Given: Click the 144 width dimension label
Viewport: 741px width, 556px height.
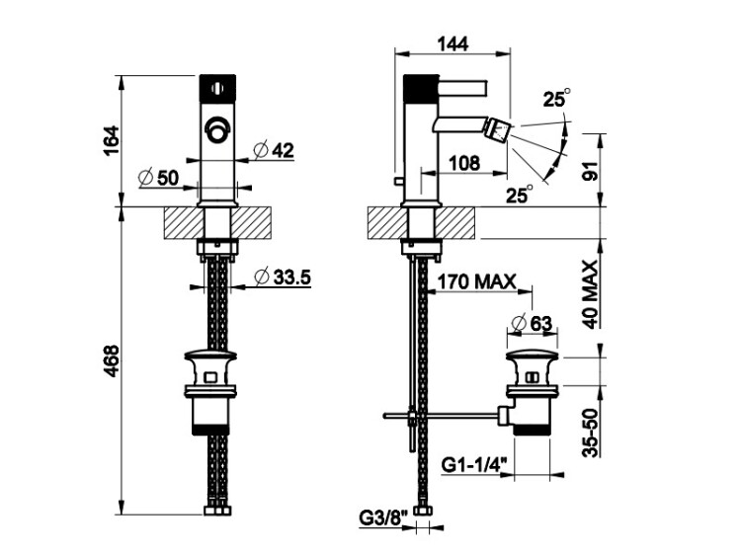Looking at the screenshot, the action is (453, 43).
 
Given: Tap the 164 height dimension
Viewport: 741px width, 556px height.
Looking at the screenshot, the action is (112, 141).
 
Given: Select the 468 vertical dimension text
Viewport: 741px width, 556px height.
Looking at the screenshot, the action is (112, 360).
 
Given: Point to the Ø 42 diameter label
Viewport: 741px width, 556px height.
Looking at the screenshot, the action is (273, 151).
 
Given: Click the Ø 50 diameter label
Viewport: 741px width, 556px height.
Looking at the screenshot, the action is (159, 178).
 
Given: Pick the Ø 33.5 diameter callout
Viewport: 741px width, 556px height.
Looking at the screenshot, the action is (283, 277).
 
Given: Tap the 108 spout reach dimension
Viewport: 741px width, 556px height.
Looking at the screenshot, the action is (463, 163).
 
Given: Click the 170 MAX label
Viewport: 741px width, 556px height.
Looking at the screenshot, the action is (475, 282).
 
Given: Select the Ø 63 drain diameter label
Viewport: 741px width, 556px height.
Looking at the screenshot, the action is (532, 324).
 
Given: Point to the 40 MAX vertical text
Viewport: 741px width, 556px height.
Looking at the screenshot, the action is (591, 294).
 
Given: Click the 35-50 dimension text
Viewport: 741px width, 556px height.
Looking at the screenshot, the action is (591, 433).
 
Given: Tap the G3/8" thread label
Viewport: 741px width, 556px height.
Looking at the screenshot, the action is (383, 518).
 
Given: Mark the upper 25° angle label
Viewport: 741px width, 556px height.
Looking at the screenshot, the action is (556, 98).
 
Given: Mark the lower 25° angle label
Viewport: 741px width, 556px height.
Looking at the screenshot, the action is (520, 194).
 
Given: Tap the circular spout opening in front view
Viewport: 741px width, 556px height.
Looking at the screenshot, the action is (217, 129).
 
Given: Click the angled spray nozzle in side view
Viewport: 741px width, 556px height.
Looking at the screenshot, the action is (500, 129).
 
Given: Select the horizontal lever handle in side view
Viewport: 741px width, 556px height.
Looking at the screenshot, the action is (462, 88).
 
